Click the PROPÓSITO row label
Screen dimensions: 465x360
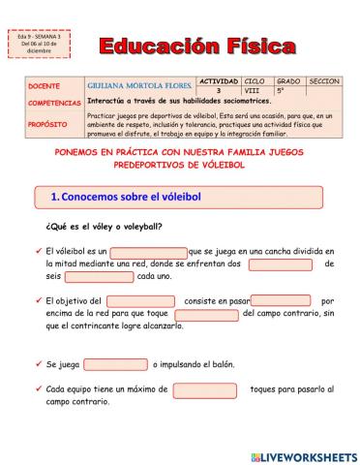[x=47, y=124]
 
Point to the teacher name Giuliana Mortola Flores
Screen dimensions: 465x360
[x=135, y=85]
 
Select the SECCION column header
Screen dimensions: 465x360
[x=324, y=80]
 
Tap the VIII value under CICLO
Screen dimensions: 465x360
[x=253, y=89]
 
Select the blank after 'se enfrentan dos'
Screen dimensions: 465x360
[x=281, y=264]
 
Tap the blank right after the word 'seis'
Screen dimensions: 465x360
[x=99, y=276]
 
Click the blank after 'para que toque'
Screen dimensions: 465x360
[x=206, y=314]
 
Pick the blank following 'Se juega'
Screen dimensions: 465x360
[x=115, y=364]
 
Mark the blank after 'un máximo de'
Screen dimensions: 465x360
[x=205, y=389]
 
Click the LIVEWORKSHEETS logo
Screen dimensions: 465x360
[x=303, y=454]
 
